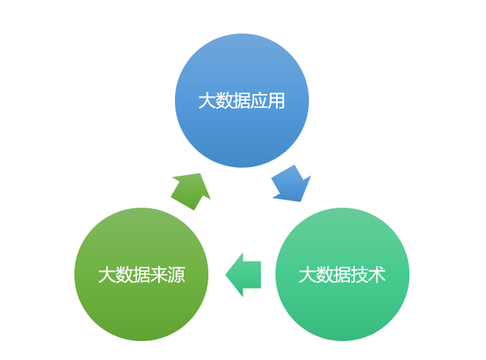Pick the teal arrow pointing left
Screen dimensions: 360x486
tap(243, 275)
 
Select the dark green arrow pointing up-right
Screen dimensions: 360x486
tap(192, 190)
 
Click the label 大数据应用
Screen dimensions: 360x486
tap(242, 101)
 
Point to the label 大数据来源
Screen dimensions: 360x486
tap(141, 275)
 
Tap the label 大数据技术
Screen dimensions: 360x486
tap(342, 275)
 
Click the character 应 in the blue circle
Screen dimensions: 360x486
tap(259, 101)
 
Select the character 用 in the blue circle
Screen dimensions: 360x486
tap(276, 101)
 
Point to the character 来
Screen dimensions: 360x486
tap(159, 275)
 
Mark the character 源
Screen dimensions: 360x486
tap(176, 275)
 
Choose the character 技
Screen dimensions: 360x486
tap(359, 275)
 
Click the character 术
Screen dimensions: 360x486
tap(377, 275)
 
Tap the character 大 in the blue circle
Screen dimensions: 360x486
tap(207, 101)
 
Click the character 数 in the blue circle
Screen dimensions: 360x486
tap(224, 101)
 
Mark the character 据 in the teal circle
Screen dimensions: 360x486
tap(342, 275)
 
